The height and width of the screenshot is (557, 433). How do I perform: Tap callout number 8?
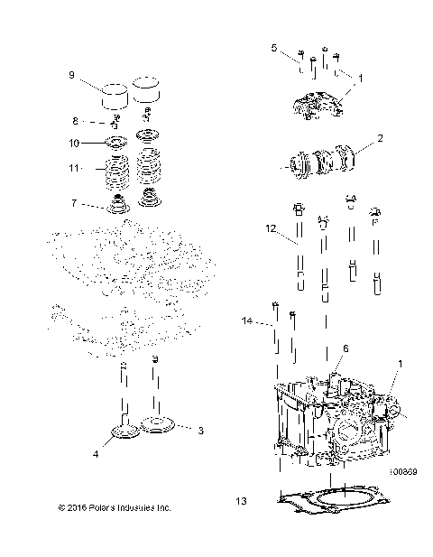pos(76,120)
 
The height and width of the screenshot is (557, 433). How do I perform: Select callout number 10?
pos(76,143)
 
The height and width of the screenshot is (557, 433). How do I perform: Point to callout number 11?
pos(76,169)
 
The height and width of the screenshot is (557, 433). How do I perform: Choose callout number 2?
pos(380,139)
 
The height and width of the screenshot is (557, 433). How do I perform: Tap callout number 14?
pos(247,321)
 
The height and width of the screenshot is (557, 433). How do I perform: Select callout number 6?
pos(344,348)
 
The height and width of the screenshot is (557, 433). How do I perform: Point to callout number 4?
pos(96,454)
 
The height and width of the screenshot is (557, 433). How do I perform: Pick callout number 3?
pos(200,431)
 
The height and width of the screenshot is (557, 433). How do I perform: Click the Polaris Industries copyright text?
pos(114,508)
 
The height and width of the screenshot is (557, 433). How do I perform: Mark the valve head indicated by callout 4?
pos(123,437)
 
